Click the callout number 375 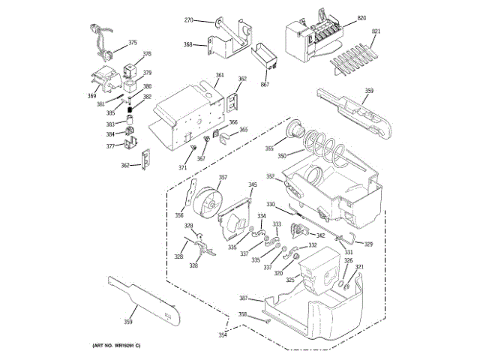point(133,43)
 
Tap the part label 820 point(361,17)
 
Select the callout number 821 point(376,31)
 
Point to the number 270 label point(189,19)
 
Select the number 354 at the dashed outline point(223,335)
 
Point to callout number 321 point(359,267)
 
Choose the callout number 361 point(220,75)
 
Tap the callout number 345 point(253,184)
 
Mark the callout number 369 point(91,96)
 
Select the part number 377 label point(110,146)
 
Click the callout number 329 point(368,244)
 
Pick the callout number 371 point(182,168)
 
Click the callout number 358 point(243,314)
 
